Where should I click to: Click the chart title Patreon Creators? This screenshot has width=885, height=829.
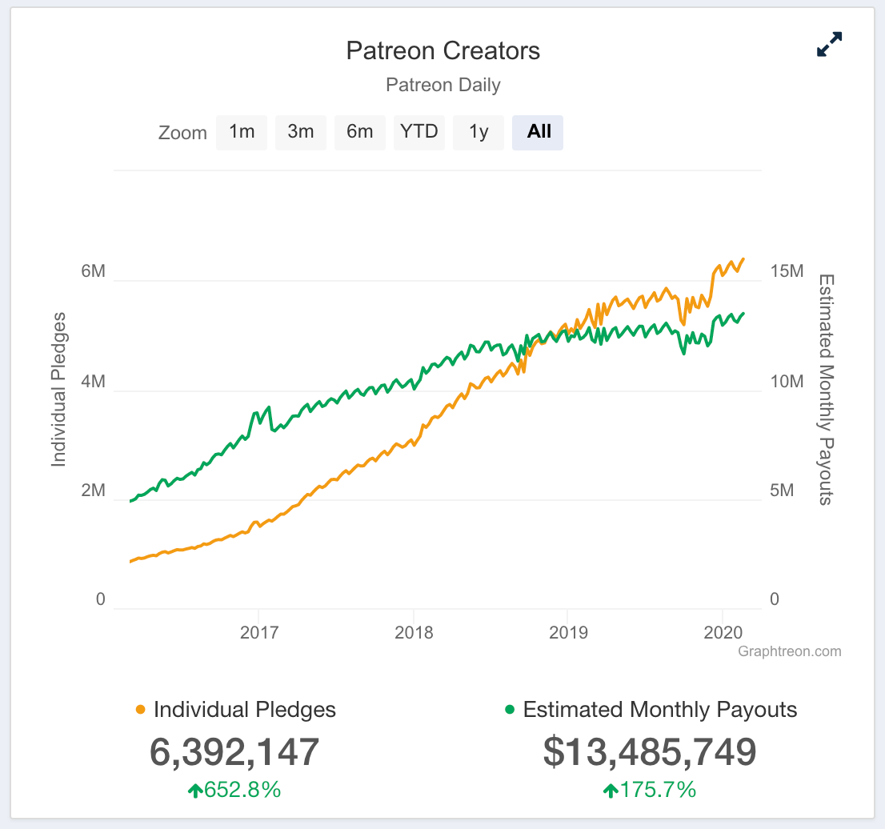(442, 51)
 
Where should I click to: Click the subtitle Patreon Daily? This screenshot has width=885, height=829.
(442, 85)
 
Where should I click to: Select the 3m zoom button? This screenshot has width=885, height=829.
(301, 132)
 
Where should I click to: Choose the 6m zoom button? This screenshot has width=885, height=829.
(359, 132)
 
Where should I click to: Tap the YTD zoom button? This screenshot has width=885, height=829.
(418, 132)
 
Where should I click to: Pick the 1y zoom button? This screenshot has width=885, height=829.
(479, 132)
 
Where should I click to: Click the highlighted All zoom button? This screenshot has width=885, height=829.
(539, 132)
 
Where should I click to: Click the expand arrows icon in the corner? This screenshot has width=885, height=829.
(829, 45)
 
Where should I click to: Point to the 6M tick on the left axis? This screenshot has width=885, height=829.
(93, 271)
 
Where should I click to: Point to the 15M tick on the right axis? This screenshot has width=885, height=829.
(786, 271)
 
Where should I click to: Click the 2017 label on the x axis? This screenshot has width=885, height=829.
(259, 633)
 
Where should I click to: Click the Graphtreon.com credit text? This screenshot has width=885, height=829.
(790, 651)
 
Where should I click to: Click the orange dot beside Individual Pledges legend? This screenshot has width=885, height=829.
(141, 710)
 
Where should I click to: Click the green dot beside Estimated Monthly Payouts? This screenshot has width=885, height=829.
(510, 710)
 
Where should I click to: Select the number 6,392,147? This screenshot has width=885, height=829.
(234, 752)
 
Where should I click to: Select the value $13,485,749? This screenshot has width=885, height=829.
(649, 752)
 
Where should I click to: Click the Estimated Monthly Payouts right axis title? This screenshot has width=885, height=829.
(826, 389)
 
